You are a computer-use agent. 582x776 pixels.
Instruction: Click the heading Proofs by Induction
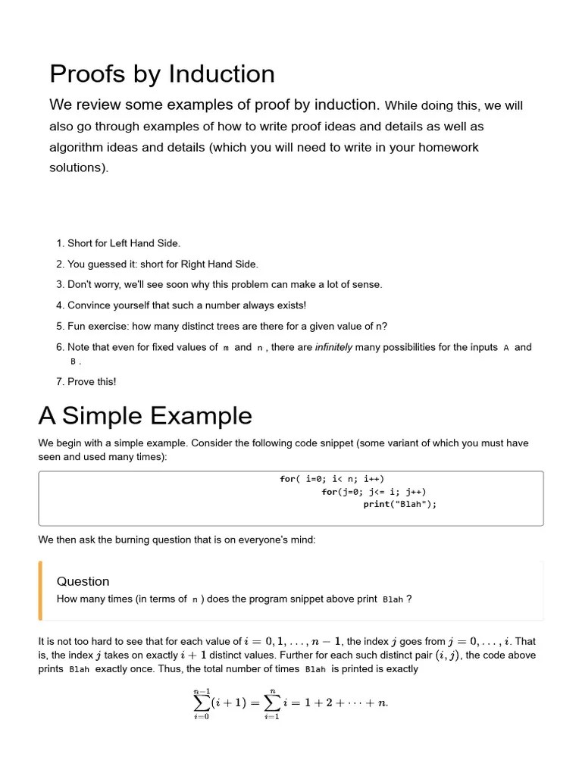pyautogui.click(x=161, y=74)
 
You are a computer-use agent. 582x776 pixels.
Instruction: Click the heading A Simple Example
pyautogui.click(x=145, y=415)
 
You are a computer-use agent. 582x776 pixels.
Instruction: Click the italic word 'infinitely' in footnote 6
pyautogui.click(x=333, y=347)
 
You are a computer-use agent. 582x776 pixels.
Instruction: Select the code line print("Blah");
pyautogui.click(x=399, y=504)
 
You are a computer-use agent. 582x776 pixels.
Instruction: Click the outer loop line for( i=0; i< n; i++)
pyautogui.click(x=331, y=479)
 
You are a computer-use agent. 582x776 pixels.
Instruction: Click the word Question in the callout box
pyautogui.click(x=83, y=581)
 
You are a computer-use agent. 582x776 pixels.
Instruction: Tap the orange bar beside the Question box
pyautogui.click(x=40, y=590)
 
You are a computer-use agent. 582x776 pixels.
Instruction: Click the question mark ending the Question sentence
pyautogui.click(x=409, y=599)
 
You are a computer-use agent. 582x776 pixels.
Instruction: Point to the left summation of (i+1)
pyautogui.click(x=218, y=702)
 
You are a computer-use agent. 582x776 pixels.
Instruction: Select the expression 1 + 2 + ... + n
pyautogui.click(x=346, y=702)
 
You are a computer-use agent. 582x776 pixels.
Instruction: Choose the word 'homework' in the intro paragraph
pyautogui.click(x=451, y=147)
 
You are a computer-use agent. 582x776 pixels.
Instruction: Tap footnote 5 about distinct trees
pyautogui.click(x=227, y=326)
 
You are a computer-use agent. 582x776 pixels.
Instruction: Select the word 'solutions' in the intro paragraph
pyautogui.click(x=77, y=167)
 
